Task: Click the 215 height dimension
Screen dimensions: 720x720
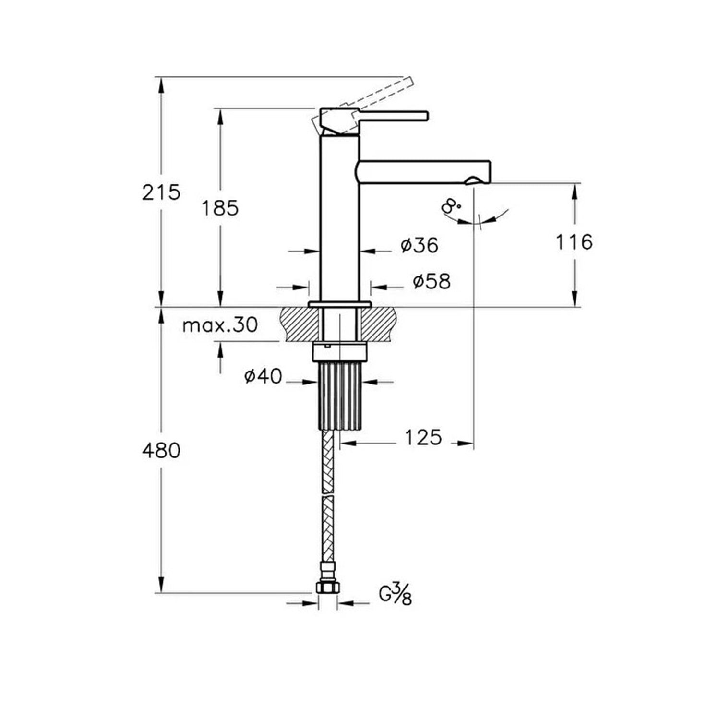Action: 161,192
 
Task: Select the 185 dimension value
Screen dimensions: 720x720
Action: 220,208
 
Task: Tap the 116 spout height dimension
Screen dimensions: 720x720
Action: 574,242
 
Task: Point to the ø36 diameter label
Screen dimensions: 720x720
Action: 420,245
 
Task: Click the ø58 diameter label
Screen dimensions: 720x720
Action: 432,282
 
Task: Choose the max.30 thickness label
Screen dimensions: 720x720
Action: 220,325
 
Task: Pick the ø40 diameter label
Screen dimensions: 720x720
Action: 263,376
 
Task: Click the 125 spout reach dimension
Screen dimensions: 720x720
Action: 423,437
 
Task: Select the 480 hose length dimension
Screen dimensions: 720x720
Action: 161,451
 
